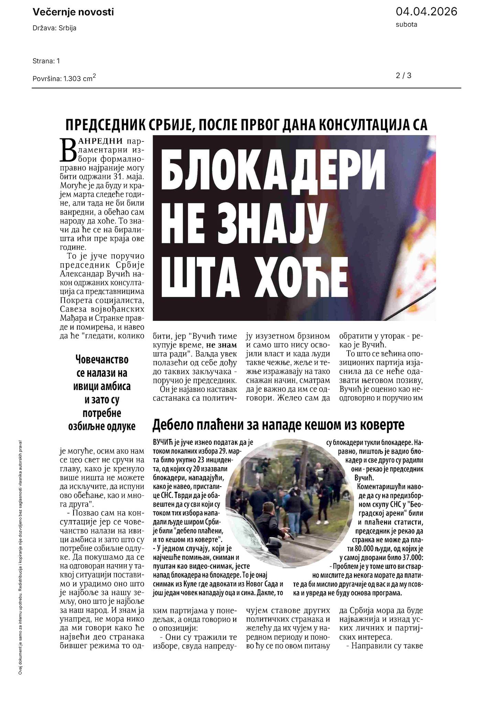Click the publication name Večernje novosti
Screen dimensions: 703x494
(73, 12)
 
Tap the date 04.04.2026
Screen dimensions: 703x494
(426, 12)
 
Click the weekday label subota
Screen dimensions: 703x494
(406, 24)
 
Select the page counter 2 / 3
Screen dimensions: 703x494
(404, 75)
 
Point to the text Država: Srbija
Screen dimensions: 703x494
(54, 28)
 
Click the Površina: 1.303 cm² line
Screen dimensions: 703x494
(64, 78)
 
